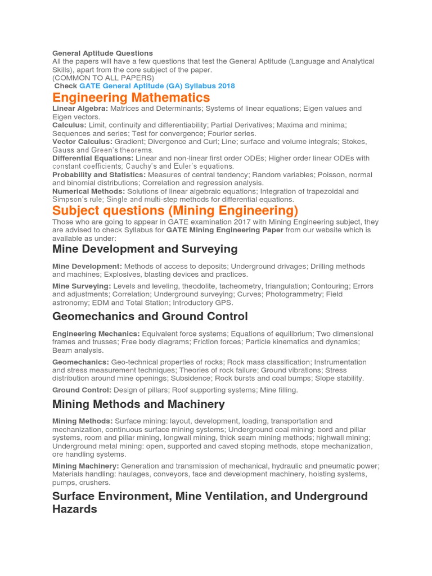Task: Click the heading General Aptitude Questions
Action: (x=102, y=53)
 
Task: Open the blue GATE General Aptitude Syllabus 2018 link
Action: (x=157, y=86)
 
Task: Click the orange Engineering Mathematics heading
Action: (x=131, y=97)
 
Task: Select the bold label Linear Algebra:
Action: (x=80, y=108)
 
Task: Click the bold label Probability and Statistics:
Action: (x=99, y=175)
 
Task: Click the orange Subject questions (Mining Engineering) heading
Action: (x=175, y=210)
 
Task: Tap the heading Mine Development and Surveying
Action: (x=145, y=249)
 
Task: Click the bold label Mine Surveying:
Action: (x=81, y=286)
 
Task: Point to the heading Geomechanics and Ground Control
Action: (x=150, y=316)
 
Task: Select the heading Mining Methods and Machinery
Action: (x=138, y=404)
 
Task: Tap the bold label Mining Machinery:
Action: (x=85, y=466)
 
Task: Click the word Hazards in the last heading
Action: (x=74, y=509)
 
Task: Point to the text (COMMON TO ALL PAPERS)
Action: (x=103, y=78)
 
